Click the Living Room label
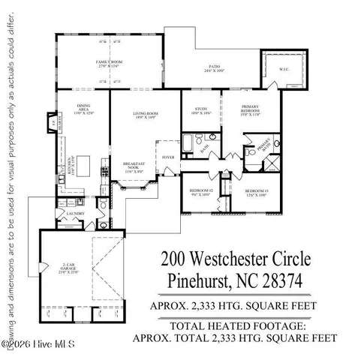144,115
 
